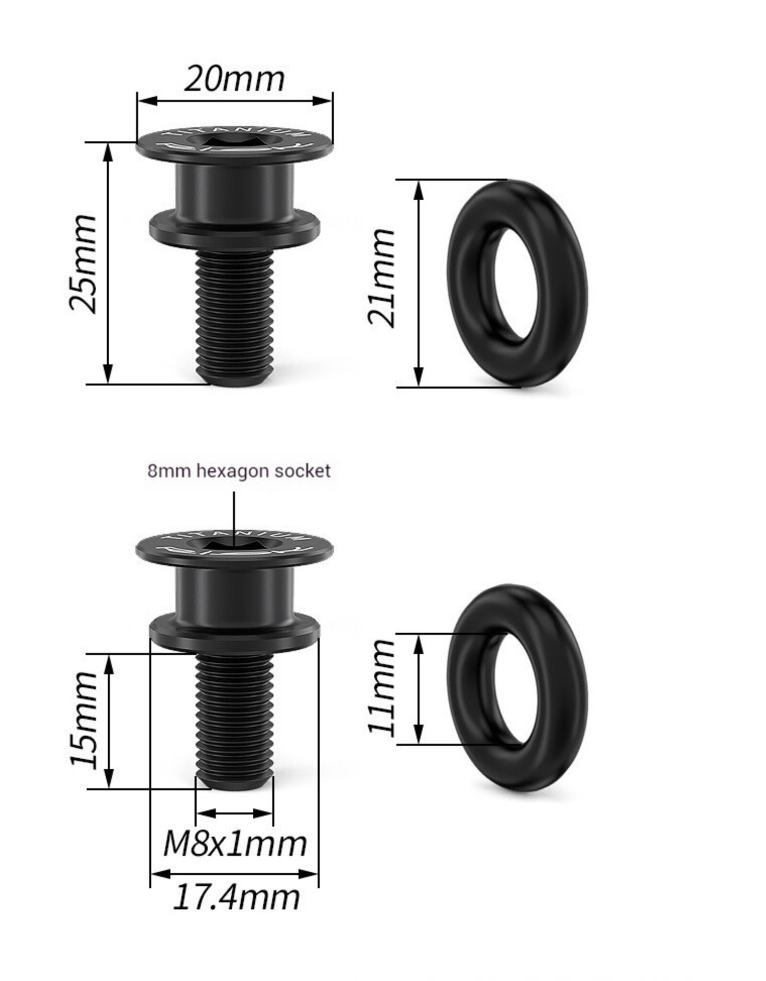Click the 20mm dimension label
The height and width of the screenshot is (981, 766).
pos(234,79)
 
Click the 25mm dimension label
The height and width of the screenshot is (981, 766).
pos(84,264)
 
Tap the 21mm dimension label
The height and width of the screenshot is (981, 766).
pos(382,278)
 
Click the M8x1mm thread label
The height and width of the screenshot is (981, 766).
pos(235,844)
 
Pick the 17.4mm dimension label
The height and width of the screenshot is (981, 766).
pos(236,898)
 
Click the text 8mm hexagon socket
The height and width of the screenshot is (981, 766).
pos(238,471)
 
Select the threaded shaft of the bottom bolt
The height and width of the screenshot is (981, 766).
pos(235,719)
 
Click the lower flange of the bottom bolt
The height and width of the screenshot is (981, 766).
pos(235,635)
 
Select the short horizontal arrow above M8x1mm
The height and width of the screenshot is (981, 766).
pos(235,813)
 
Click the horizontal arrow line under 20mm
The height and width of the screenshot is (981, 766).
pos(235,101)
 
